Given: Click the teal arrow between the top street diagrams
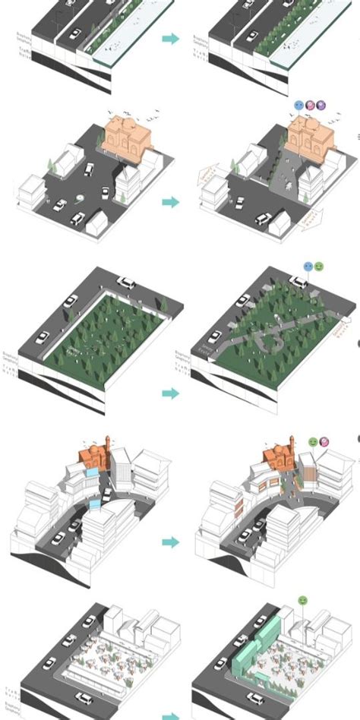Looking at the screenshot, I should [x=171, y=38].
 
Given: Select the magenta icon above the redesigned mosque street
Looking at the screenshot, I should [x=324, y=441].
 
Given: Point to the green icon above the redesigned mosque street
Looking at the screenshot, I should [x=312, y=441].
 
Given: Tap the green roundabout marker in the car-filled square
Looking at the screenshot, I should [x=80, y=201].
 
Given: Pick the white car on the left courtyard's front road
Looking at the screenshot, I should [x=84, y=697].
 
